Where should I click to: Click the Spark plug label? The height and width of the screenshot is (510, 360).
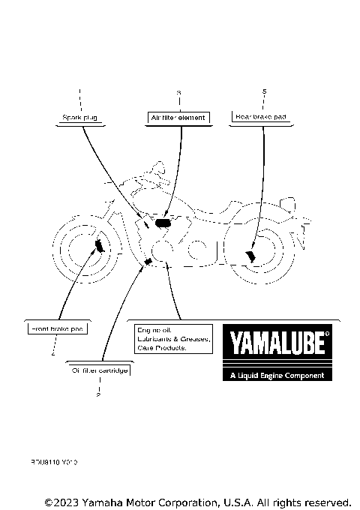[x=79, y=118]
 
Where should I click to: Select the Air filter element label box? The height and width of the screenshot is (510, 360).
[x=178, y=118]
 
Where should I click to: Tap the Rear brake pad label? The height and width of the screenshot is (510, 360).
[x=260, y=118]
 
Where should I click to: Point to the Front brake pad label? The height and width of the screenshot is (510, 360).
[x=56, y=328]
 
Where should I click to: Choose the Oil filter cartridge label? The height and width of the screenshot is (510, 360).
[x=100, y=370]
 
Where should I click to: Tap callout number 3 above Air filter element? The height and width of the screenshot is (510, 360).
[x=178, y=92]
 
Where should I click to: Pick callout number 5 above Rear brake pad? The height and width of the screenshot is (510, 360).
[x=264, y=91]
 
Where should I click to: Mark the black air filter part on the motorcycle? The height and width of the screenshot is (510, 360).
[x=163, y=222]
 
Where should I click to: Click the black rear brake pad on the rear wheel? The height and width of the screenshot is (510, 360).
[x=250, y=256]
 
